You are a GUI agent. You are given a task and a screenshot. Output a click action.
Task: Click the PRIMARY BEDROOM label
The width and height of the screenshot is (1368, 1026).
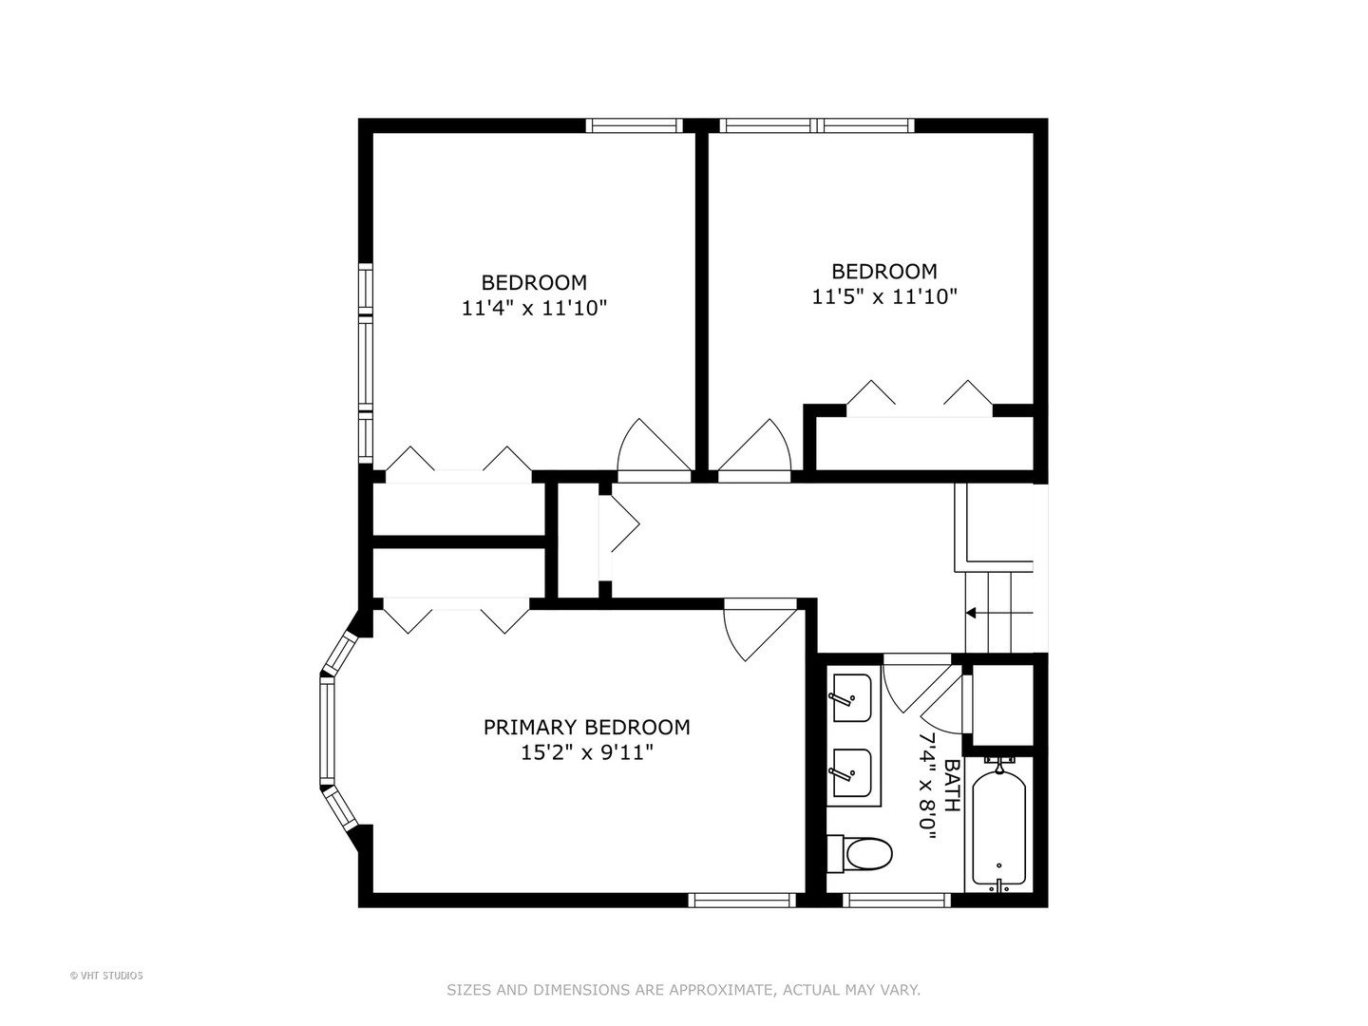coord(586,728)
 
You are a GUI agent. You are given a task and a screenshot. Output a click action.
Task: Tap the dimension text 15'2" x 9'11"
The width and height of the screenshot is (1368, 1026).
coord(586,753)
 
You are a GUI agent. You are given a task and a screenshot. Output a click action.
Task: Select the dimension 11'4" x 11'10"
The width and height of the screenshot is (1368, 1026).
coord(534,308)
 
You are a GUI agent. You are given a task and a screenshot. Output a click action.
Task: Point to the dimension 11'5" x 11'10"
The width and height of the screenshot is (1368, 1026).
coord(883,296)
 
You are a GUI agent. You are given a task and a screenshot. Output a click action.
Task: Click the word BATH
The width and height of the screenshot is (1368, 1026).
coord(951,786)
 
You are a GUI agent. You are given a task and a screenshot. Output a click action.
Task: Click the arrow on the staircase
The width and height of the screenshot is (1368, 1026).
coord(971,613)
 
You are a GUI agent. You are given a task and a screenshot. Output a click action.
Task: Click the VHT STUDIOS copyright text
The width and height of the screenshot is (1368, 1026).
coord(106,976)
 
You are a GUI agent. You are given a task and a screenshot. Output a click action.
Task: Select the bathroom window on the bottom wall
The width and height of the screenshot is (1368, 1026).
coord(897,900)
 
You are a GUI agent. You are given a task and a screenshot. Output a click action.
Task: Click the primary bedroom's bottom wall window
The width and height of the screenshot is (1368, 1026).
coord(742,900)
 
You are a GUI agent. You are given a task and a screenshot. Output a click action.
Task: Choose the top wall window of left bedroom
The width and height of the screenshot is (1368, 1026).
coord(634,125)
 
